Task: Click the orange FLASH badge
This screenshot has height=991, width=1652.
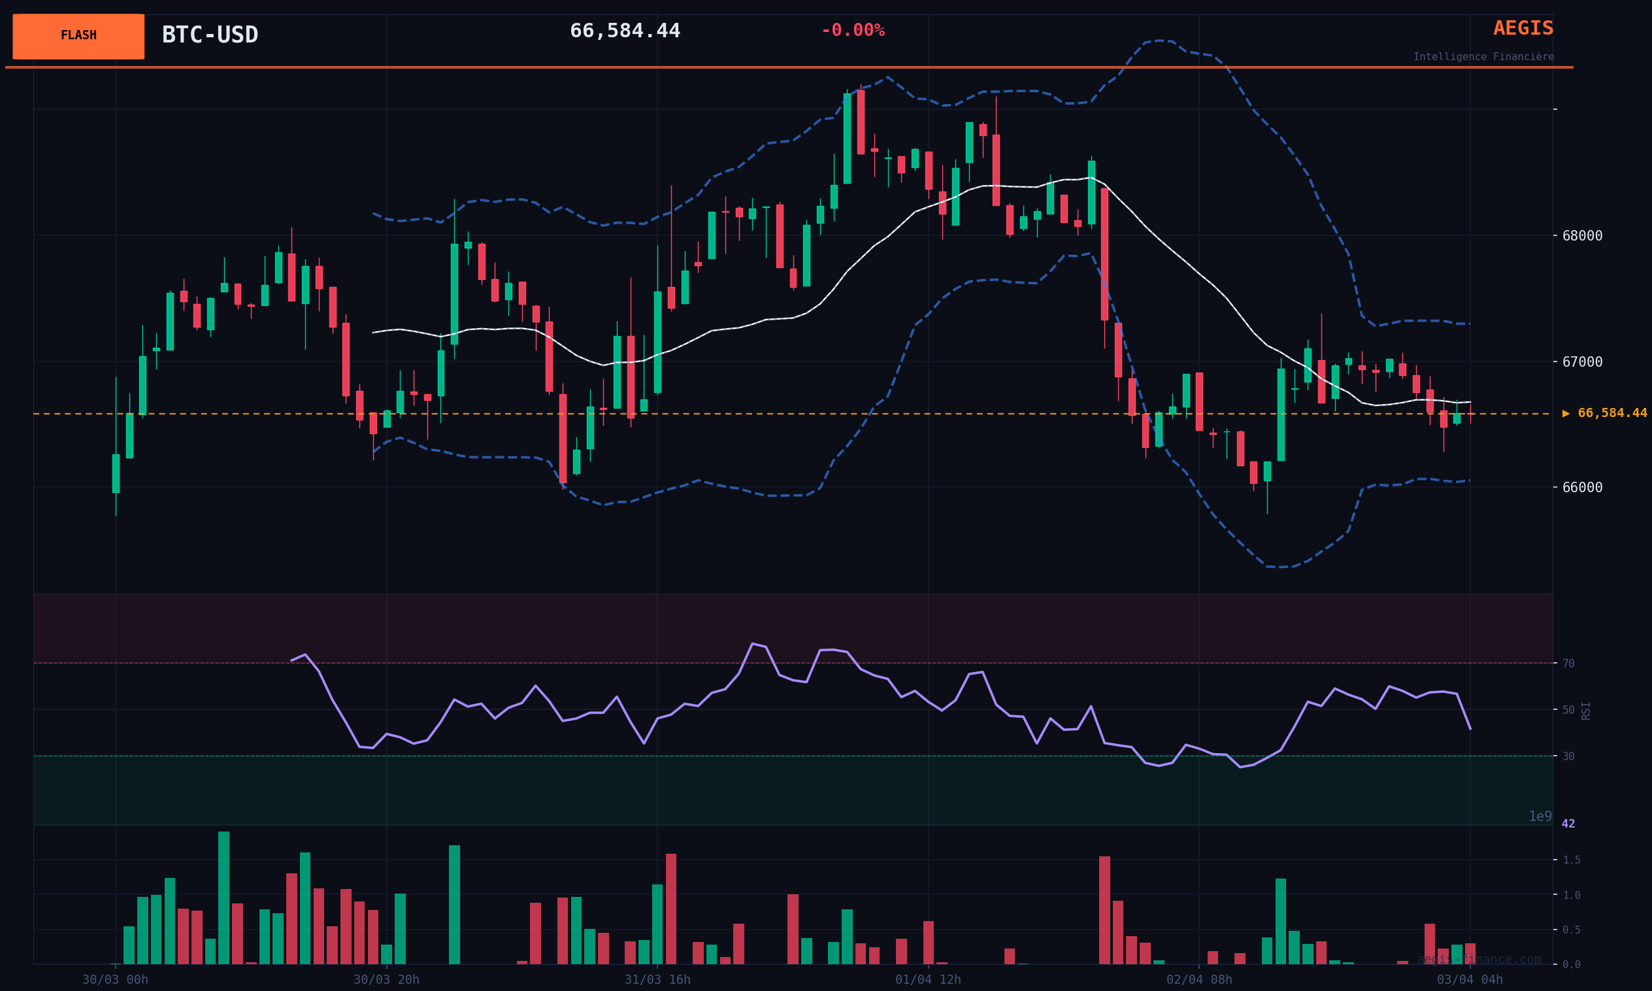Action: click(78, 36)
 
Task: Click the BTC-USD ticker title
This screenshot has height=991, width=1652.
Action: click(210, 35)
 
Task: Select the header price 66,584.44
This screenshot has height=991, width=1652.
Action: click(625, 31)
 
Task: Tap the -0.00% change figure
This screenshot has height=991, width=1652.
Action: click(852, 31)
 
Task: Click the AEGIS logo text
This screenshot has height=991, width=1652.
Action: click(1523, 29)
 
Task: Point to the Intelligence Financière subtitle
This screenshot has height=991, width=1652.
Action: click(1483, 57)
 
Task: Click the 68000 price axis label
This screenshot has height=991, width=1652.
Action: click(1582, 236)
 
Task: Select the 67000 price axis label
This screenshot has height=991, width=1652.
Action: click(1582, 362)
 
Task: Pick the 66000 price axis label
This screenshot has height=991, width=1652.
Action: click(1582, 488)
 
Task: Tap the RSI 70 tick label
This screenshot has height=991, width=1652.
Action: click(1568, 663)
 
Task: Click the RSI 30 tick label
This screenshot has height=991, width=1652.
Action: click(1568, 756)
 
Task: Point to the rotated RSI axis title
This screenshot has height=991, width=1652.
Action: click(1586, 711)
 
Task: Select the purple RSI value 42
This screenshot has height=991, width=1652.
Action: click(1568, 824)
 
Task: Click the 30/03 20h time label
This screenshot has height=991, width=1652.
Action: click(386, 980)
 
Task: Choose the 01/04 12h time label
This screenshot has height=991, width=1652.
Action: click(928, 980)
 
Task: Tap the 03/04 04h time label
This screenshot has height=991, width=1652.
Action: click(1470, 980)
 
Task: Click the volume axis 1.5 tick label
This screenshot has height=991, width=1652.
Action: click(1571, 860)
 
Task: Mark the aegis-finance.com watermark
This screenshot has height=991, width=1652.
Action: click(1479, 960)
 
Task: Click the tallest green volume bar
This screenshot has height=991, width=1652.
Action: click(223, 898)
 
